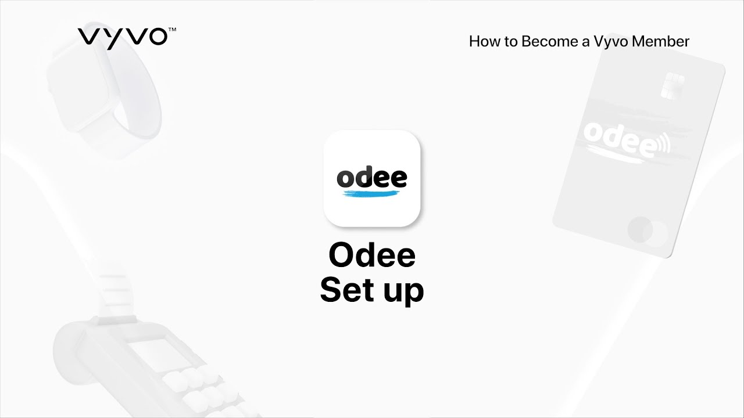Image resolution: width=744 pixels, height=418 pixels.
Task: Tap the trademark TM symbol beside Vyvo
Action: click(x=172, y=28)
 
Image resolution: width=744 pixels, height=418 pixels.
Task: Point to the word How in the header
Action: click(x=482, y=42)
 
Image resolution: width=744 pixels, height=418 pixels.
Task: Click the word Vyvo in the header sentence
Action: click(x=610, y=42)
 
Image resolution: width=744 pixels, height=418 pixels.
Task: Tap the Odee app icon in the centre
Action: click(x=372, y=178)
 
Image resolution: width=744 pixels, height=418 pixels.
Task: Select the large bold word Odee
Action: click(x=372, y=255)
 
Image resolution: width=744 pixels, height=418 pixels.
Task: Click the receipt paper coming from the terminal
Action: click(x=119, y=296)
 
